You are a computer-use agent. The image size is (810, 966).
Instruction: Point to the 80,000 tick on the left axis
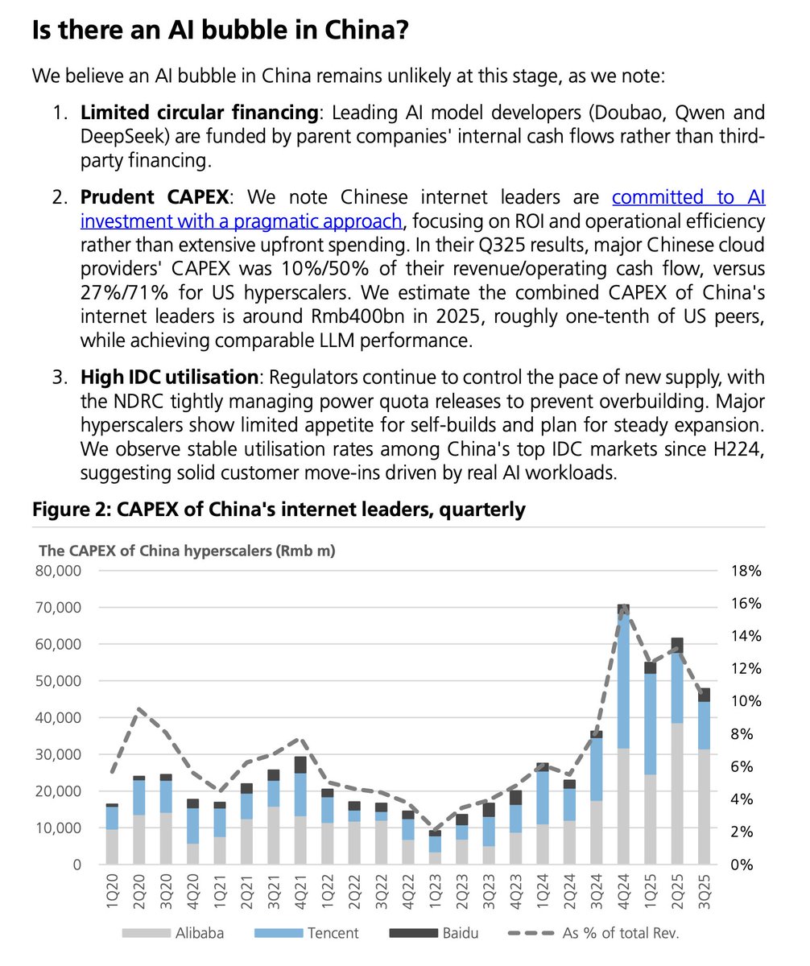click(60, 571)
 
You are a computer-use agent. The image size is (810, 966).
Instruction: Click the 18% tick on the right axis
click(747, 571)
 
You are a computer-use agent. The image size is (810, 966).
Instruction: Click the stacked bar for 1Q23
click(435, 848)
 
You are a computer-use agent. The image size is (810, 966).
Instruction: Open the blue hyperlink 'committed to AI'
click(688, 196)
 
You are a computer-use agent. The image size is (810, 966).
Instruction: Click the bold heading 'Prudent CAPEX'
click(153, 196)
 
